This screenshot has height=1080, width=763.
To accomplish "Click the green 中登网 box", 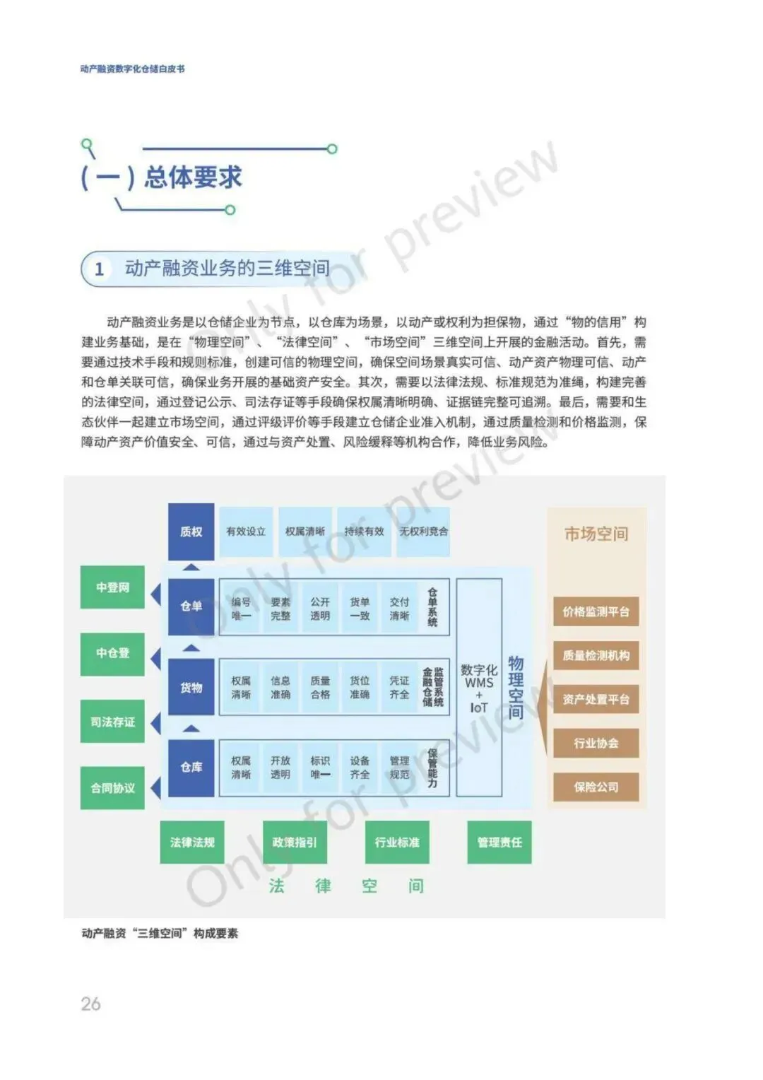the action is [x=112, y=587].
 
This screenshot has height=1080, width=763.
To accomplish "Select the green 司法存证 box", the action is [x=112, y=722].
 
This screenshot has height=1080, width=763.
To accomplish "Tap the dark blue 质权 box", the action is [x=191, y=532].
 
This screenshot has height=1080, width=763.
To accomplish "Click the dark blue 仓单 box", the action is [x=191, y=606].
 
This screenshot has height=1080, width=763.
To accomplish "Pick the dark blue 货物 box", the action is [x=191, y=688].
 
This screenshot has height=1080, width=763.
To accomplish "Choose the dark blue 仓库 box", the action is [x=191, y=767].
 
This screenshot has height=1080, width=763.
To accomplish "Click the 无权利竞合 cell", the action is [x=423, y=532].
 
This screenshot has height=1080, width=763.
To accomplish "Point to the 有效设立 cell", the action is [x=246, y=532].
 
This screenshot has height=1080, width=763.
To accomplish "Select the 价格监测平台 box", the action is [x=596, y=612].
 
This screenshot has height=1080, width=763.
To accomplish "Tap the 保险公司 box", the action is [x=596, y=787].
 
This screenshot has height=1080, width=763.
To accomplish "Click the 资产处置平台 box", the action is [x=596, y=700].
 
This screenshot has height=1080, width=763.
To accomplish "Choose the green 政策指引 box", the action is [x=295, y=842].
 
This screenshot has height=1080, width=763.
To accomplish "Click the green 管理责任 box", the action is [x=499, y=842].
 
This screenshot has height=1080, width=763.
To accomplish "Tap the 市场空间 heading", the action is [x=596, y=534].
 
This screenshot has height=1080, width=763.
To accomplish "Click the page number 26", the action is [x=90, y=1004].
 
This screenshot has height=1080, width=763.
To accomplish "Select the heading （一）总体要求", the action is [x=162, y=177].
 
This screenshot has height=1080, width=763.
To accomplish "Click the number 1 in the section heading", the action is [x=100, y=269].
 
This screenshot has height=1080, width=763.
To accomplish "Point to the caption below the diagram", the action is [x=160, y=934].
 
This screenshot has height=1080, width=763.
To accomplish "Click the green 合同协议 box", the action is [x=112, y=787].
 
